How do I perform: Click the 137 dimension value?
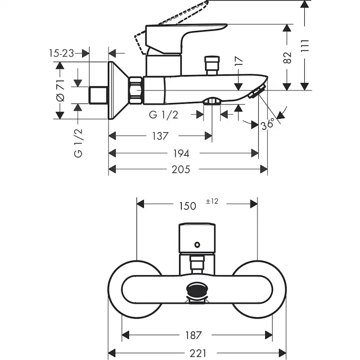(160, 136)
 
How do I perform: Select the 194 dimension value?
(181, 153)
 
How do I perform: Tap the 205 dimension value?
(181, 169)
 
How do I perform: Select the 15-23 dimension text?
(61, 53)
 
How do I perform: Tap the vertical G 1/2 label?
(78, 142)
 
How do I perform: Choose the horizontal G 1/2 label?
(163, 115)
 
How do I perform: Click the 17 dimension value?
(238, 60)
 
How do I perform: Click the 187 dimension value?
(193, 335)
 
